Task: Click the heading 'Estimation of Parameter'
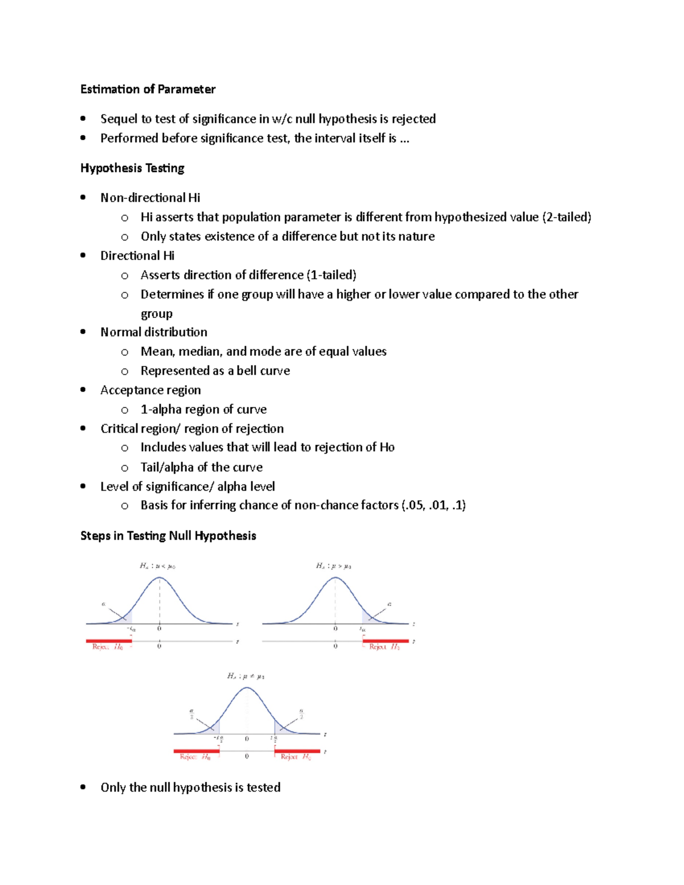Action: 148,89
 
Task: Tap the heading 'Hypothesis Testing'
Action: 132,168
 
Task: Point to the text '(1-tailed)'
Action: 331,275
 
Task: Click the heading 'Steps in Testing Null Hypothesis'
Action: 168,536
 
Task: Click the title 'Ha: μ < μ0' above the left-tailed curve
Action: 157,566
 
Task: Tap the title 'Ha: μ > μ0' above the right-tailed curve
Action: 333,566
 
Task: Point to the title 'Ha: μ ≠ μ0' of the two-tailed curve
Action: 246,676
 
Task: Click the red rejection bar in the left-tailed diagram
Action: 109,641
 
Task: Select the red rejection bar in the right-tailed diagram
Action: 385,641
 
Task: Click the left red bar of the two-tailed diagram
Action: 196,751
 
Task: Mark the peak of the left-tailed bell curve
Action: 160,578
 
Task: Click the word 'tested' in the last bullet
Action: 263,788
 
